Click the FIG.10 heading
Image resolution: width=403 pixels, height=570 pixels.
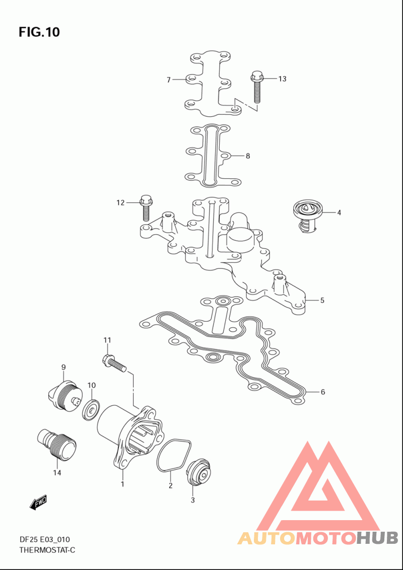coord(39,32)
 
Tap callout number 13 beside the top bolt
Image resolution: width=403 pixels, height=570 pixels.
coord(282,79)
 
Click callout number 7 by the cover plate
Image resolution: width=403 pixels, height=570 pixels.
coord(169,80)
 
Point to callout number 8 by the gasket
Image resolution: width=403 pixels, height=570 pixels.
coord(248,156)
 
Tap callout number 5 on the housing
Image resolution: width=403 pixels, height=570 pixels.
coord(322,300)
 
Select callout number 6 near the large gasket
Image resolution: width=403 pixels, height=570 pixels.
coord(322,392)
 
